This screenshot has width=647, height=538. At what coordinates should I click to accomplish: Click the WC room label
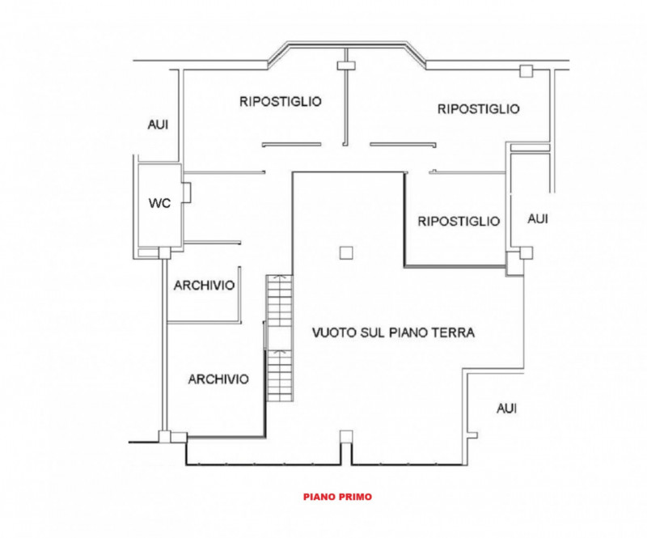click(x=159, y=203)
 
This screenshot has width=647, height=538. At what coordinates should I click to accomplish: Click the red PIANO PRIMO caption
click(x=338, y=498)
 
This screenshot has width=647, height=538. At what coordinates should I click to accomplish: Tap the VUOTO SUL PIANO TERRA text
click(x=394, y=333)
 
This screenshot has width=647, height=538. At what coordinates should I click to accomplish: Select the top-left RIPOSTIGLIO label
click(x=281, y=102)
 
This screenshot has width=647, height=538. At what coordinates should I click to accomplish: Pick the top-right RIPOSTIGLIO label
click(x=478, y=108)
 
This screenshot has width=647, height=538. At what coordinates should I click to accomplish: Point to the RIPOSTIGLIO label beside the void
click(x=459, y=221)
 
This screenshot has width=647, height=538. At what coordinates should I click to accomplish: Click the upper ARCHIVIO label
click(x=204, y=286)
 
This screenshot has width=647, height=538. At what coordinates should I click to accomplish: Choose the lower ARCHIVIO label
click(x=218, y=379)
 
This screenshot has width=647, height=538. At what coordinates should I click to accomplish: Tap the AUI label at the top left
click(x=158, y=125)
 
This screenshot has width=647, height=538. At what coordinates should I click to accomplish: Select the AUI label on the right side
click(x=537, y=219)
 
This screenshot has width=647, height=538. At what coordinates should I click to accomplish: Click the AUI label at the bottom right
click(x=506, y=409)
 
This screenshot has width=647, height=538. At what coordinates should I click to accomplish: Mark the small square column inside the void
click(x=346, y=252)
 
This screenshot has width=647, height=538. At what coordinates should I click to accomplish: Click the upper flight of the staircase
click(x=278, y=301)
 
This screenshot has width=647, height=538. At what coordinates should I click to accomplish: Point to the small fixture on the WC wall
click(x=187, y=193)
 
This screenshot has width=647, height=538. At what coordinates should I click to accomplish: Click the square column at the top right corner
click(x=526, y=72)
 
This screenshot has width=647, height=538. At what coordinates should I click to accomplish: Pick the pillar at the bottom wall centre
click(x=346, y=438)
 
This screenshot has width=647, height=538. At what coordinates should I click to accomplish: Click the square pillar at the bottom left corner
click(x=165, y=438)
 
